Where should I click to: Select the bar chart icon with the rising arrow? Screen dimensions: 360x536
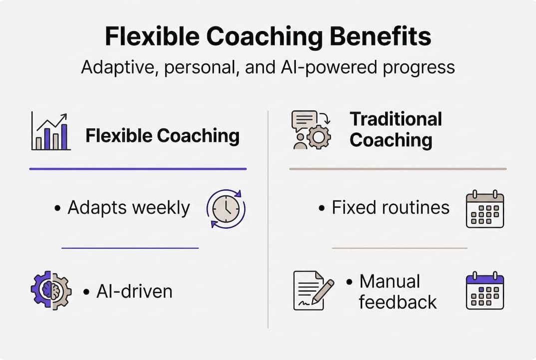click(50, 131)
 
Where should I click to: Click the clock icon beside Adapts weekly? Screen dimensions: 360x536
click(226, 208)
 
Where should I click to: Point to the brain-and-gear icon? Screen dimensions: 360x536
click(51, 290)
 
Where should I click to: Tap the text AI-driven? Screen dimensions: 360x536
click(134, 291)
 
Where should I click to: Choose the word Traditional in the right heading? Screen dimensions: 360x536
click(396, 119)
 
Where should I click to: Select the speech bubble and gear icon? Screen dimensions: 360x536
click(310, 130)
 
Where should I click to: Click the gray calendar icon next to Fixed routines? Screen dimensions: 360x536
click(485, 209)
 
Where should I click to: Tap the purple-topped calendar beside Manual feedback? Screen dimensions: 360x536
click(485, 290)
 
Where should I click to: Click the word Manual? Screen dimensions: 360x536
click(390, 281)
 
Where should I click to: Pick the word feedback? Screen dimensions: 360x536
click(398, 302)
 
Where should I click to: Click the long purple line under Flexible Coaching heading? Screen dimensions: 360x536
click(138, 169)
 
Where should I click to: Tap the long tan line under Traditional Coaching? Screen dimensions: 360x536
click(398, 169)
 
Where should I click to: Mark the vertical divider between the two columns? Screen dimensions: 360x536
click(268, 220)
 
